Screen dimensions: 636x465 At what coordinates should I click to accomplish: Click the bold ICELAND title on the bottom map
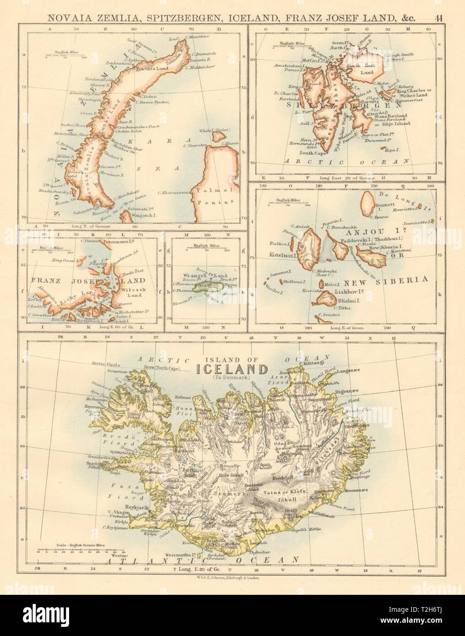pos(232,370)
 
